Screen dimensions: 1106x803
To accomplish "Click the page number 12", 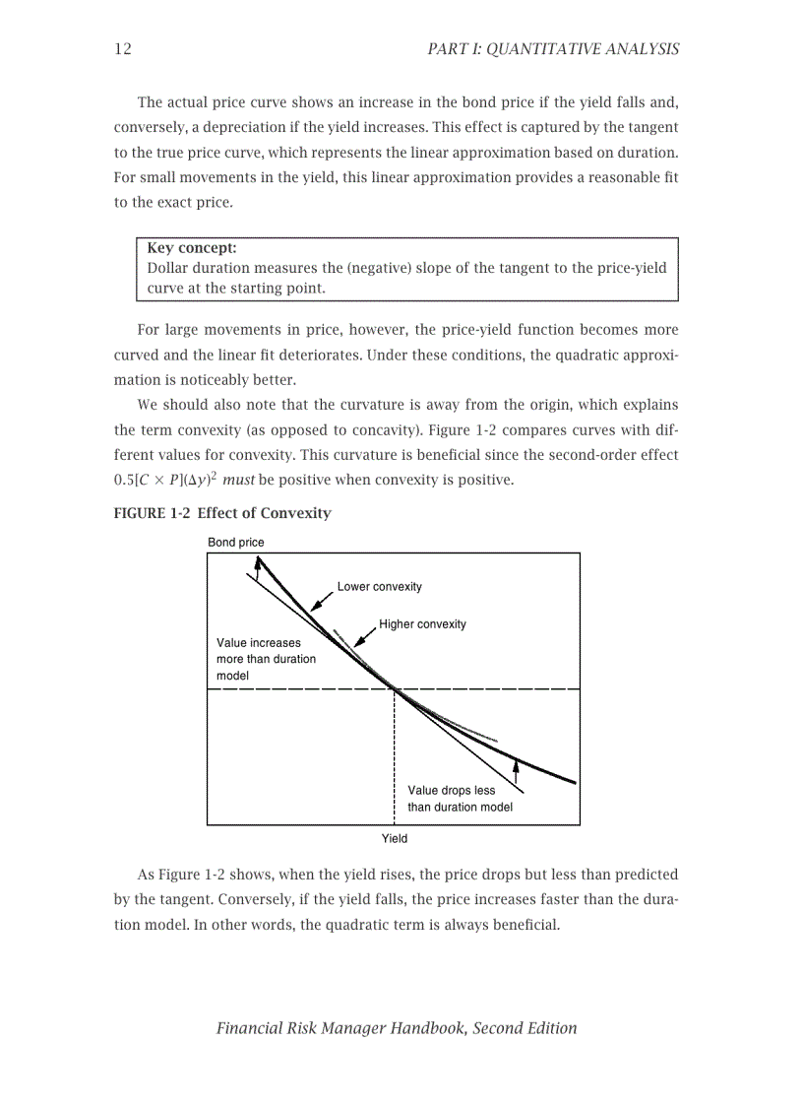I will click(123, 48).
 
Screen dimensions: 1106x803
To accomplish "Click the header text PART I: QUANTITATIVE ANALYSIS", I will click(553, 48).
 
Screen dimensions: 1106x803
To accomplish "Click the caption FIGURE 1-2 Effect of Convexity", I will click(222, 513).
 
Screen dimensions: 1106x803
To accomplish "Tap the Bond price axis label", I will click(236, 543).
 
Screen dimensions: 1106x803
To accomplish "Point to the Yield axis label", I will click(394, 838).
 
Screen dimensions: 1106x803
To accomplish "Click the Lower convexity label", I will click(379, 587).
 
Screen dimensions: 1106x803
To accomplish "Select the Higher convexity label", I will click(422, 624).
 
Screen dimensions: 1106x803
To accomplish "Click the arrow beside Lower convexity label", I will click(322, 601).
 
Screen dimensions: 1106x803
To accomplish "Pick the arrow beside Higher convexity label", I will click(365, 637).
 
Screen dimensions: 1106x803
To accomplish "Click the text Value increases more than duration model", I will click(266, 659).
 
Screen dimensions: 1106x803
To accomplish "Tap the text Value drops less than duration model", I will click(460, 799).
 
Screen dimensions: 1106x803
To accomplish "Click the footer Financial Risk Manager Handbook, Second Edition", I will click(397, 1028).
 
